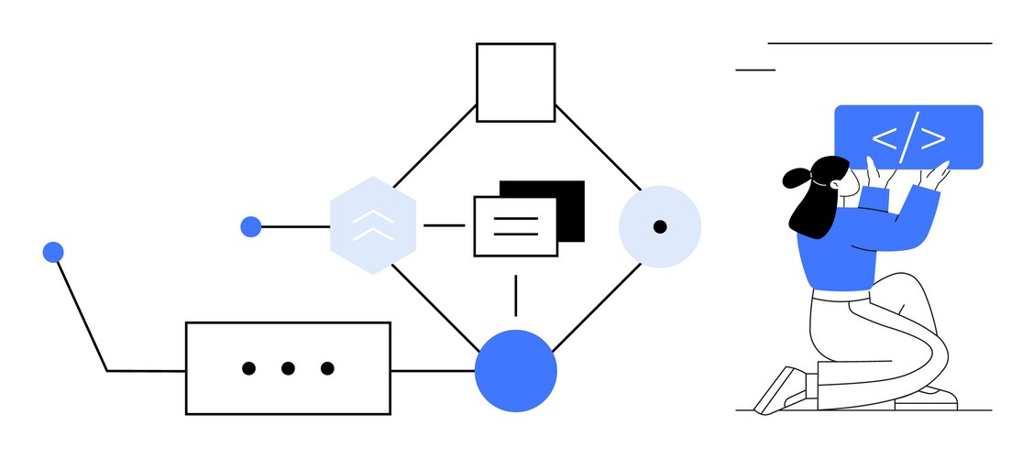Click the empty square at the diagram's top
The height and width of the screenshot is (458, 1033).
(x=515, y=82)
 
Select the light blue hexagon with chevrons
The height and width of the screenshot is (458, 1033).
(x=373, y=226)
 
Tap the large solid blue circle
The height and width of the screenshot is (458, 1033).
(x=515, y=370)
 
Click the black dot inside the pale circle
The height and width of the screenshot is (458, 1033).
(x=660, y=226)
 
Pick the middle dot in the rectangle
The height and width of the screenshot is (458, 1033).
(x=288, y=368)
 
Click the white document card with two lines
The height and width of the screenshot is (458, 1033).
(x=515, y=226)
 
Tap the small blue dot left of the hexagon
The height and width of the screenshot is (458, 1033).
(x=250, y=226)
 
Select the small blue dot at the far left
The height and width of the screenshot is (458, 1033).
(x=53, y=252)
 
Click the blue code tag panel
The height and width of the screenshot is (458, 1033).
(x=907, y=137)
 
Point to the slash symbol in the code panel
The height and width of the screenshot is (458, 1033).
(x=908, y=138)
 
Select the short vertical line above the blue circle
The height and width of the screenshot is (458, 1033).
(x=515, y=295)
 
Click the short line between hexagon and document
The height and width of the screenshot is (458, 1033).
(x=445, y=225)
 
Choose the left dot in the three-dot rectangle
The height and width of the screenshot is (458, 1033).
(x=248, y=368)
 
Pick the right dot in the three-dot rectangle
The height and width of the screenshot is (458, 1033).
(x=327, y=368)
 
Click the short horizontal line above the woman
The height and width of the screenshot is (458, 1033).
(x=755, y=69)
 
